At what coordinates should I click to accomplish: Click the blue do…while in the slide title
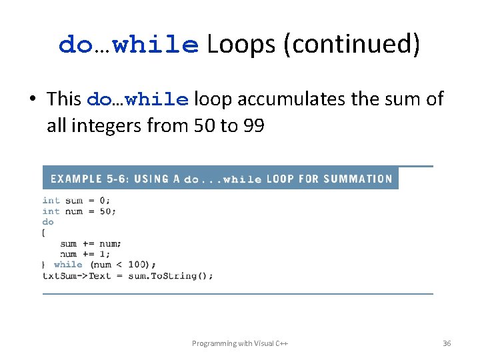pos(129,45)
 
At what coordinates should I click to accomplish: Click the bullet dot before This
pos(32,99)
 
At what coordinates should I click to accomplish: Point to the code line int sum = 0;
pos(77,200)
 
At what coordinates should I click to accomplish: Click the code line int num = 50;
pos(79,211)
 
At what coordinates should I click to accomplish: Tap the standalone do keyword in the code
pos(48,221)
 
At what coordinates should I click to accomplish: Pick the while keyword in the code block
pos(68,265)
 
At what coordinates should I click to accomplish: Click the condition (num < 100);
pos(123,265)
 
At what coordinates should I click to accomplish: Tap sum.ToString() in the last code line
pos(171,275)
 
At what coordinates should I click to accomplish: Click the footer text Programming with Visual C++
pos(240,343)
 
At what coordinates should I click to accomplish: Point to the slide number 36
pos(447,343)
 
